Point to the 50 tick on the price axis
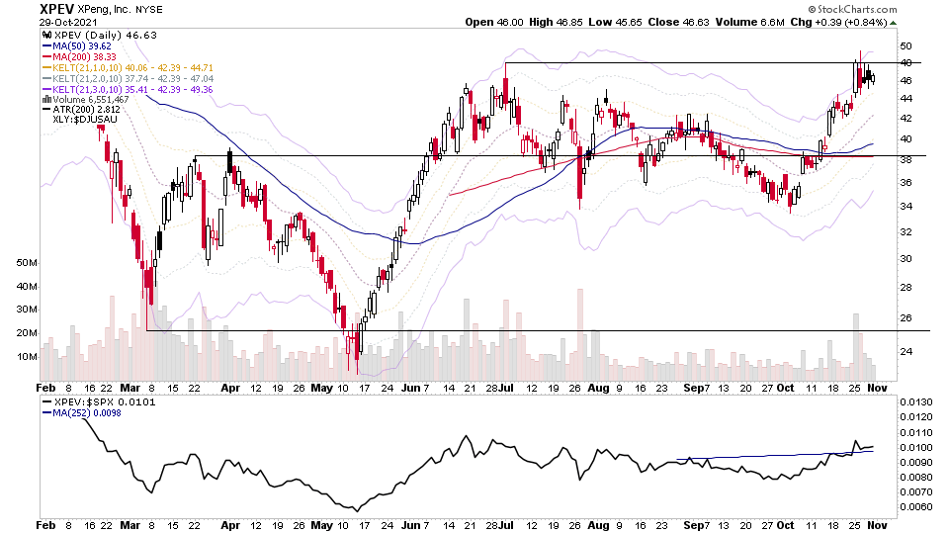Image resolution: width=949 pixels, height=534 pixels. (906, 45)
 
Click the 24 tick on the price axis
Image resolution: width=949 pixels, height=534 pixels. (906, 351)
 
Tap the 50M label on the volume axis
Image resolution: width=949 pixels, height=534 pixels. (27, 263)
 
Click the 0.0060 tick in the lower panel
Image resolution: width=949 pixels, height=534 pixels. (918, 507)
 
